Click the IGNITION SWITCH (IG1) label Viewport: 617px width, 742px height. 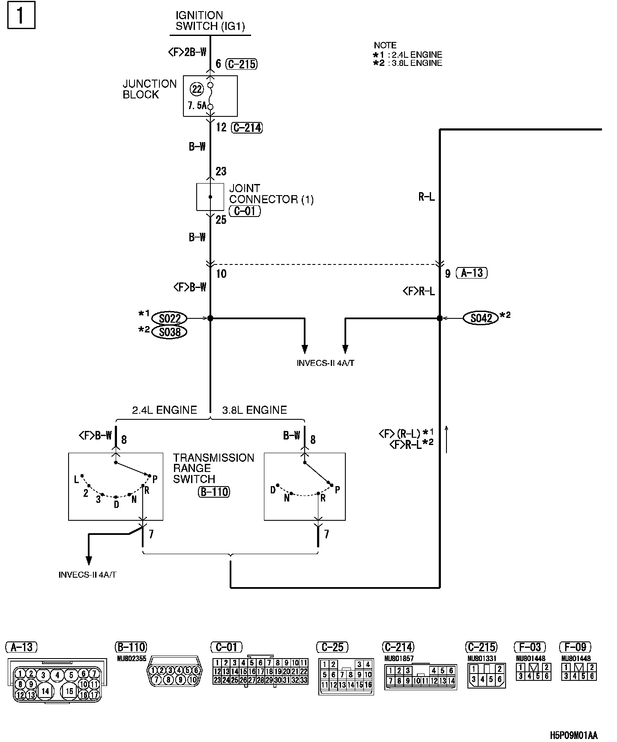click(210, 21)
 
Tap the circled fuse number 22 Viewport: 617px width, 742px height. click(197, 89)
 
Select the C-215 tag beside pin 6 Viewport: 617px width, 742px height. click(241, 64)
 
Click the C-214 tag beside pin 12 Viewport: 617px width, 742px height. click(246, 128)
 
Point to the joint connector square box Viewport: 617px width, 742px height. click(210, 197)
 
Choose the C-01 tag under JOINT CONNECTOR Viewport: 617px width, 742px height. click(245, 211)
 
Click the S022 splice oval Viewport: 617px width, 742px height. click(170, 318)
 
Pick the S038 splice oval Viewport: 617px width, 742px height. click(170, 332)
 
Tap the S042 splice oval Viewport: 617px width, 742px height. click(481, 318)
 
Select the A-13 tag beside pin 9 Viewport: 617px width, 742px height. click(472, 273)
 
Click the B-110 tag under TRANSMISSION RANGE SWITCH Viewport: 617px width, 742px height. click(214, 492)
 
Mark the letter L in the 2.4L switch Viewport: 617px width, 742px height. click(77, 479)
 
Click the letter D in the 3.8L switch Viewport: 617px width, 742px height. click(273, 490)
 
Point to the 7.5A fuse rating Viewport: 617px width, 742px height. click(197, 105)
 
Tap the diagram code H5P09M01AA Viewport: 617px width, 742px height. click(573, 735)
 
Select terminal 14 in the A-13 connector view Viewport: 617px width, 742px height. click(45, 691)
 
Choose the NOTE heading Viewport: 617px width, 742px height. click(385, 45)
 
